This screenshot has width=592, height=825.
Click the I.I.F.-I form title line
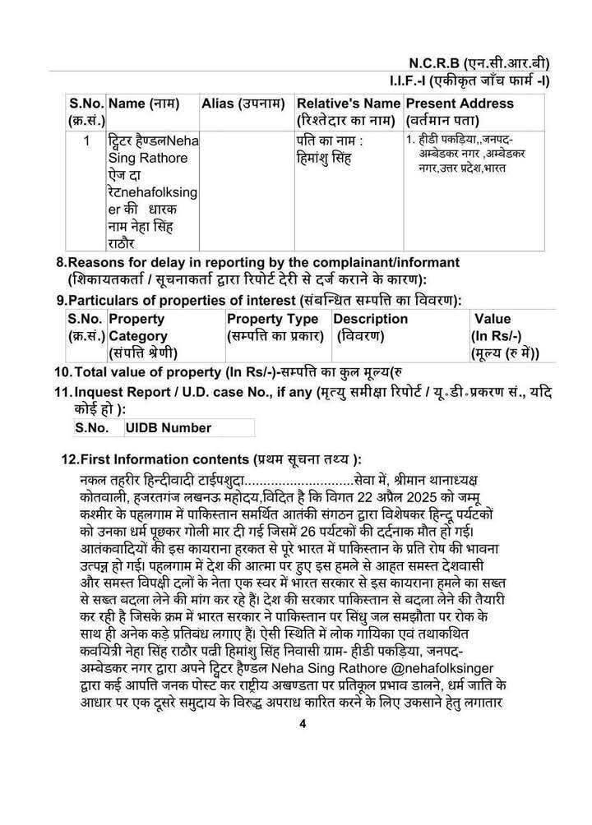[x=469, y=81]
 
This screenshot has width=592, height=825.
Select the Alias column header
[x=243, y=104]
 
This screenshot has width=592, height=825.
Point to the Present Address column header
[x=460, y=104]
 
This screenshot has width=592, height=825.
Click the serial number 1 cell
[x=86, y=140]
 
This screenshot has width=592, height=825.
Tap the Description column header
[x=371, y=319]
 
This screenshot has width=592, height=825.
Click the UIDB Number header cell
[x=168, y=428]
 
